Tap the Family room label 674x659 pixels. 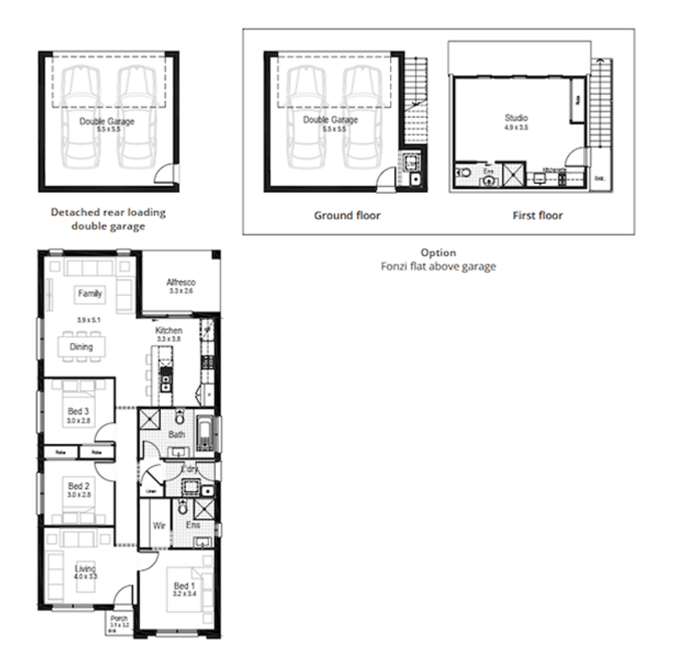pyautogui.click(x=89, y=294)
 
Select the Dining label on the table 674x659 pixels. pyautogui.click(x=82, y=346)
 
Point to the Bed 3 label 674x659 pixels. pyautogui.click(x=78, y=411)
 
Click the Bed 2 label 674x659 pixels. pyautogui.click(x=78, y=486)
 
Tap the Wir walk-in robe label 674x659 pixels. pyautogui.click(x=158, y=525)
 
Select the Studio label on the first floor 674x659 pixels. pyautogui.click(x=515, y=118)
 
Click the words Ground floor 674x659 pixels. pyautogui.click(x=347, y=216)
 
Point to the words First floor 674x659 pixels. pyautogui.click(x=538, y=216)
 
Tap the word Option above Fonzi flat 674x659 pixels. pyautogui.click(x=438, y=253)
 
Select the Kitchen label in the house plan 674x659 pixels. pyautogui.click(x=168, y=331)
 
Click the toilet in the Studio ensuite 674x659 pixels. pyautogui.click(x=465, y=173)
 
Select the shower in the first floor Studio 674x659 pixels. pyautogui.click(x=513, y=174)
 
